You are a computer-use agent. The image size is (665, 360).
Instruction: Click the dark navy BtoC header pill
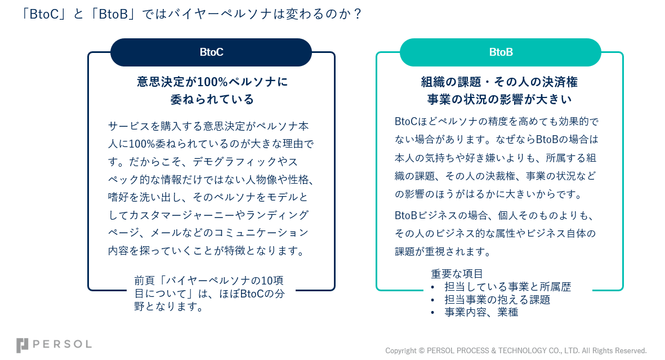[x=211, y=52]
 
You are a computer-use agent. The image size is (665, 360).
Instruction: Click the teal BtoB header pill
[x=501, y=52]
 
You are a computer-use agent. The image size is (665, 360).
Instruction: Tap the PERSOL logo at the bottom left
[x=54, y=345]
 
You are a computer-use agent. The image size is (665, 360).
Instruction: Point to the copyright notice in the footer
[x=516, y=350]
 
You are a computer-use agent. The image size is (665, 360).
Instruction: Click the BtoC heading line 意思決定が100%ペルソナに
[x=212, y=82]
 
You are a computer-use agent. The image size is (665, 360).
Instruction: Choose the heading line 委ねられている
[x=212, y=100]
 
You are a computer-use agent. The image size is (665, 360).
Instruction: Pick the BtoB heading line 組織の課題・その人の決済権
[x=499, y=82]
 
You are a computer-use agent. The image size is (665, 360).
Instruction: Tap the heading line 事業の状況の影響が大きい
[x=499, y=100]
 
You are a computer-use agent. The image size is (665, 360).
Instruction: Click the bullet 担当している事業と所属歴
[x=507, y=287]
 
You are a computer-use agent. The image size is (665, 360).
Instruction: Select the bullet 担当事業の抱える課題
[x=497, y=299]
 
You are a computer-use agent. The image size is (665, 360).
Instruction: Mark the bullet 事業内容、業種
[x=481, y=312]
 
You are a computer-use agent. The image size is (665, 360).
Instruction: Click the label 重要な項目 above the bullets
[x=457, y=274]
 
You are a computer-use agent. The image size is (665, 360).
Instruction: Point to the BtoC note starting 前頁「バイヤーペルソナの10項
[x=208, y=280]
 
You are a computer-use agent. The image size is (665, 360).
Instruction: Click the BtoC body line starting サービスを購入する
[x=208, y=126]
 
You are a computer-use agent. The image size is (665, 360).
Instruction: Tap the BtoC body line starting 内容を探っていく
[x=207, y=250]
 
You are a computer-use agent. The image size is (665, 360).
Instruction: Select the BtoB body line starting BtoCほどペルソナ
[x=496, y=122]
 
